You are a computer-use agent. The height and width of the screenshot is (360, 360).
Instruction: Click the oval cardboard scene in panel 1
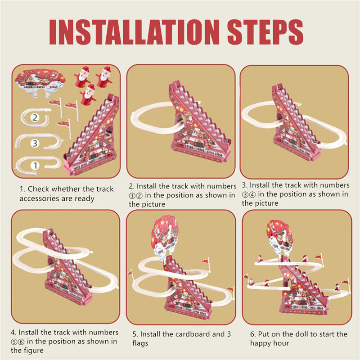pyautogui.click(x=39, y=80)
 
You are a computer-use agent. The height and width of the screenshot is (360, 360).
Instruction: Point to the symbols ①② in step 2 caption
pyautogui.click(x=137, y=195)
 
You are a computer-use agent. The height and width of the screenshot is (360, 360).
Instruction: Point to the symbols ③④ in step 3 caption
pyautogui.click(x=250, y=194)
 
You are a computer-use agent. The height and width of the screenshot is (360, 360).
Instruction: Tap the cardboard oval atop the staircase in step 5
pyautogui.click(x=165, y=236)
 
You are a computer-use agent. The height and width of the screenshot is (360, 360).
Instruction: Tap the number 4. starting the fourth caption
pyautogui.click(x=14, y=332)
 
